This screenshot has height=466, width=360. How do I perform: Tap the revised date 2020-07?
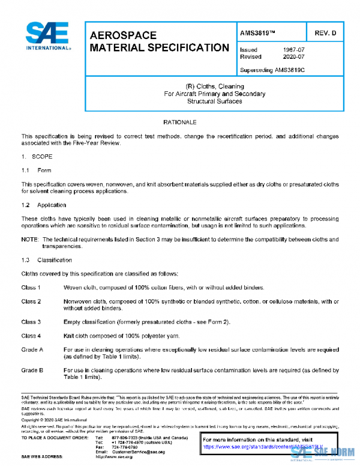pos(293,57)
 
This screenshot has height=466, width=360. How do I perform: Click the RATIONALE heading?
pos(180,122)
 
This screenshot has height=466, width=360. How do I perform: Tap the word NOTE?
pos(30,239)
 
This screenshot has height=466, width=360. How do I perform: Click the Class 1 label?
pos(31,288)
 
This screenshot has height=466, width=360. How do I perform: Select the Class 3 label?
pos(31,322)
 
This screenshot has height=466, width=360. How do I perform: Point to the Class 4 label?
pos(31,336)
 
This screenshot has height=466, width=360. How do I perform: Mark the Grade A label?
pos(32,349)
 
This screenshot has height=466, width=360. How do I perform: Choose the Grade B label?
pos(32,370)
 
